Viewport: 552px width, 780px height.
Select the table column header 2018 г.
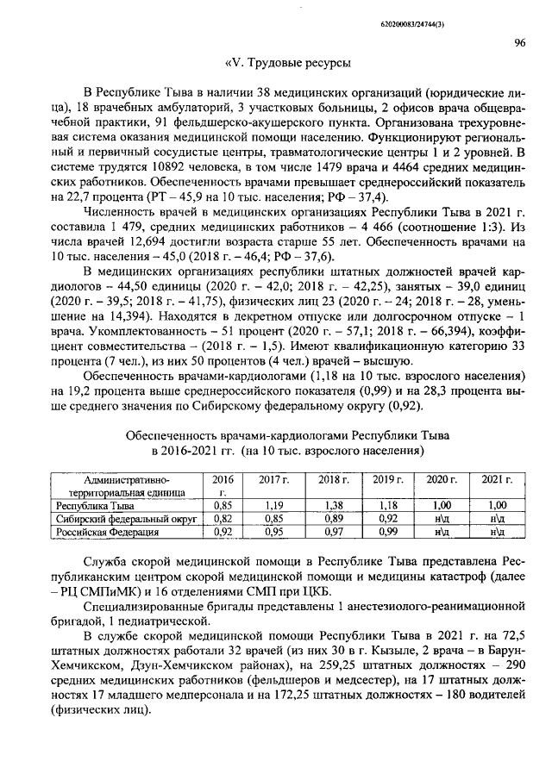333,478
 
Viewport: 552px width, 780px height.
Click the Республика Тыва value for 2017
274,506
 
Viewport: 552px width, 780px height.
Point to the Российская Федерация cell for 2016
223,534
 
